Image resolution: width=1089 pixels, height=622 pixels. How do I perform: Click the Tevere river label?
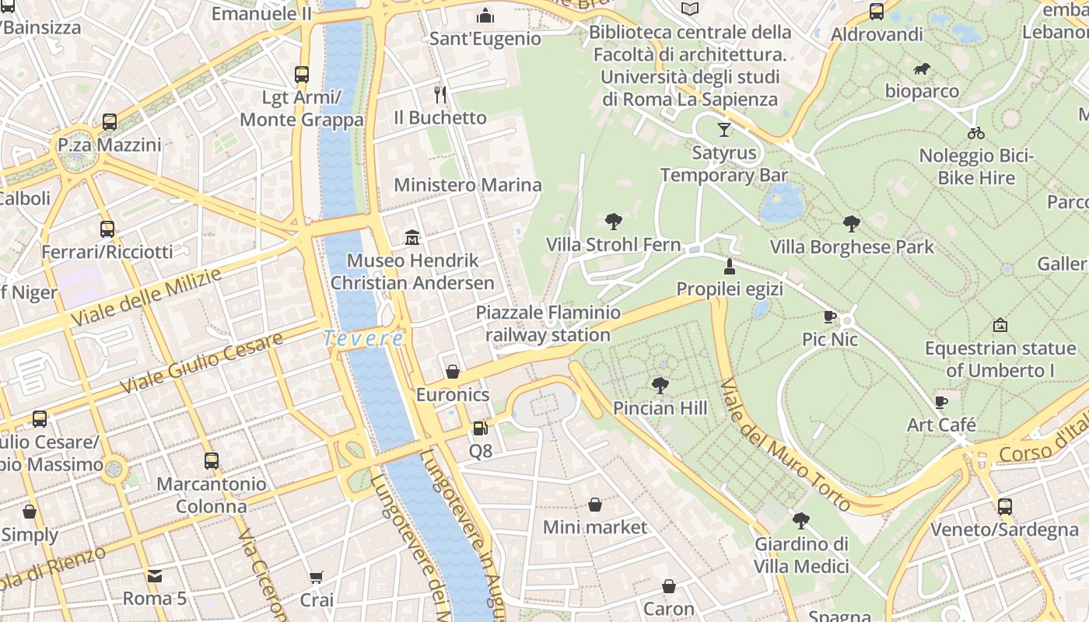click(364, 339)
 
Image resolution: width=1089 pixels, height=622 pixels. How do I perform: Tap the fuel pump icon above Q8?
click(480, 428)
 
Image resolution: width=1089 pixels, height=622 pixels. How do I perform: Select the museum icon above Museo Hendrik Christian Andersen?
click(412, 237)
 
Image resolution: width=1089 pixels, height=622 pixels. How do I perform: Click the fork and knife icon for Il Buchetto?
click(440, 95)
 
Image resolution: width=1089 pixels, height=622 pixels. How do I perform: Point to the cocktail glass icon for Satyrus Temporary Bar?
click(724, 129)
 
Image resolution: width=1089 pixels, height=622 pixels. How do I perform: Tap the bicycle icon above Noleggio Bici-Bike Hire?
click(976, 133)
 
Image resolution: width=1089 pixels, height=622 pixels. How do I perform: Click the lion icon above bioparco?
click(922, 69)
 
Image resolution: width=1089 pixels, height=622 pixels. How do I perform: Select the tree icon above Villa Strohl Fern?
click(613, 222)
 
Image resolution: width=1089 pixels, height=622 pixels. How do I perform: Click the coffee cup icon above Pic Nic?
click(830, 316)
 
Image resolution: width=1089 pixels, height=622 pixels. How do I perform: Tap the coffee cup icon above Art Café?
click(941, 402)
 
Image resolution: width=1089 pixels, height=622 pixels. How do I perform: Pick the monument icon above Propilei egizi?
click(729, 267)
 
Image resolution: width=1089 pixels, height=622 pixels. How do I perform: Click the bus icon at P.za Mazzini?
click(110, 122)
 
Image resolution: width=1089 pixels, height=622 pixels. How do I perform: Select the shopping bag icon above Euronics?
click(453, 372)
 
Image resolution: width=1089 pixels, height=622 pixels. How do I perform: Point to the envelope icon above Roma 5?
click(155, 576)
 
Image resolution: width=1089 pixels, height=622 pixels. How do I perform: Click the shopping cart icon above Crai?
click(317, 577)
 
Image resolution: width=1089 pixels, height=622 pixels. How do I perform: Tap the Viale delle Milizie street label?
click(145, 297)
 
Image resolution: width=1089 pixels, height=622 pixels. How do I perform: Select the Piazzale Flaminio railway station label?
click(548, 324)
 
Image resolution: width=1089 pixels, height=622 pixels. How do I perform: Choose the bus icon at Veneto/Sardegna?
click(1004, 507)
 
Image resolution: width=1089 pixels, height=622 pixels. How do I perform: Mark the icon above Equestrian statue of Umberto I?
click(1000, 325)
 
